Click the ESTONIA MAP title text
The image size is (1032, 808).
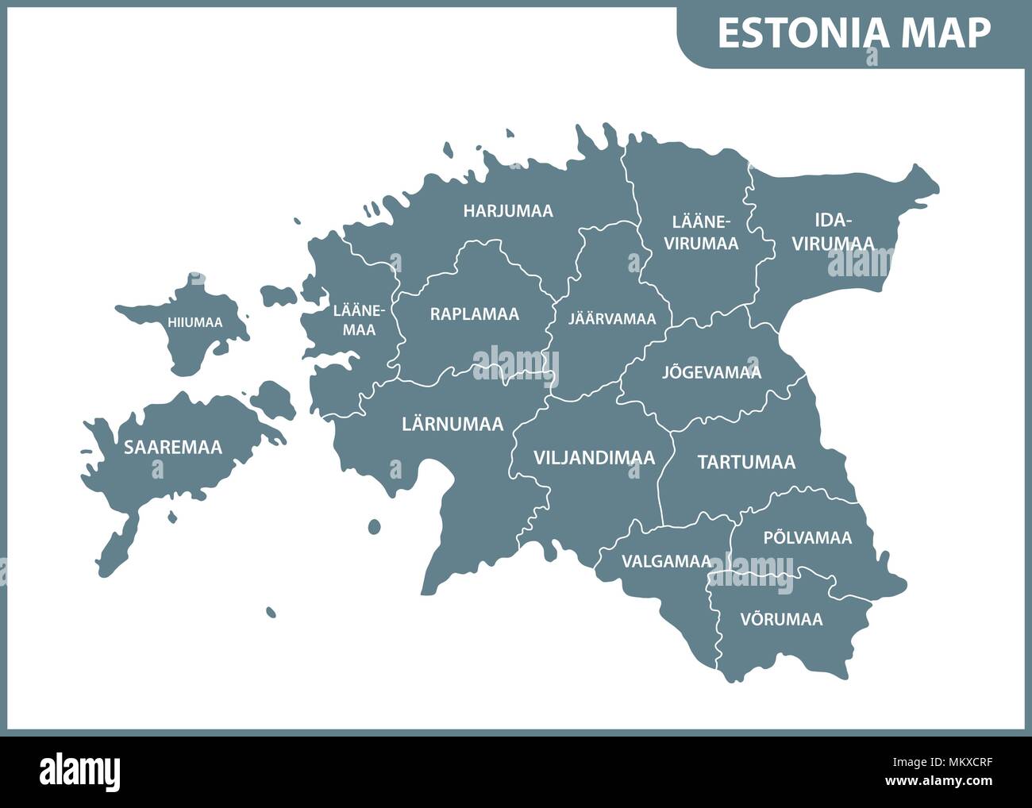point(853,33)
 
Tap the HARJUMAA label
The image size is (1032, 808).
point(508,211)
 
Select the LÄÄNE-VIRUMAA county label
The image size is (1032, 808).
point(701,232)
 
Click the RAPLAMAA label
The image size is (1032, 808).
point(475,314)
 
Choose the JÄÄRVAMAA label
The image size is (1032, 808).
point(612,319)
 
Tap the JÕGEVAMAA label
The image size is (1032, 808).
point(711,371)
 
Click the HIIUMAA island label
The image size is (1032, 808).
point(194,322)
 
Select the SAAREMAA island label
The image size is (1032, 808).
point(173,447)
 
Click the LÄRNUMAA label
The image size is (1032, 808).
point(452,424)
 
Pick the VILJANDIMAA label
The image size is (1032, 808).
point(594,457)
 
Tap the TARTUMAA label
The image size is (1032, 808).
point(746,462)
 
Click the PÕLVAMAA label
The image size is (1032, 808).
point(807,537)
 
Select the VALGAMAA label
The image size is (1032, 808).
point(665,561)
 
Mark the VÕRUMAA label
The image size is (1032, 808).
point(781,618)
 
